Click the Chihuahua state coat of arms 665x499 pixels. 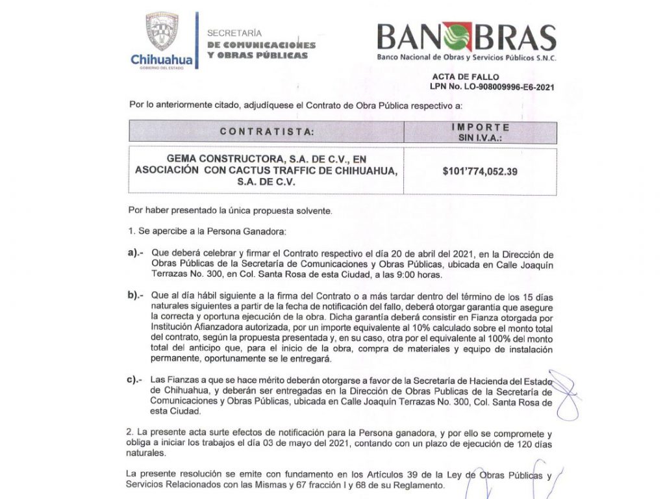162,32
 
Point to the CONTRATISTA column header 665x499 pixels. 266,131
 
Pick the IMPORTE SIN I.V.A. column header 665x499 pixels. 480,131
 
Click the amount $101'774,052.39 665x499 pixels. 480,172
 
